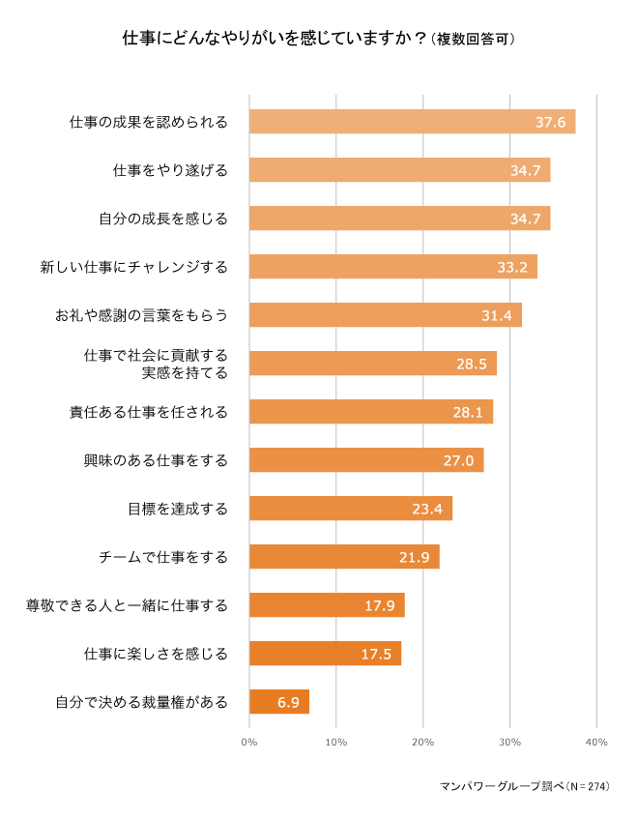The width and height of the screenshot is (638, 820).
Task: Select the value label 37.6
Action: pyautogui.click(x=550, y=122)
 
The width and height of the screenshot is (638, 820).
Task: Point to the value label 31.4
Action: pyautogui.click(x=496, y=315)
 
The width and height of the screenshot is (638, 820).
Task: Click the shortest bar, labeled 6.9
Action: pyautogui.click(x=279, y=702)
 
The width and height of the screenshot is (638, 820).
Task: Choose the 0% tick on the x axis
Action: pyautogui.click(x=249, y=742)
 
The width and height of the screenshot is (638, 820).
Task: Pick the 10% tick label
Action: pyautogui.click(x=335, y=742)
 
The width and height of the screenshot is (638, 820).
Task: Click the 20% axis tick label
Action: pyautogui.click(x=422, y=742)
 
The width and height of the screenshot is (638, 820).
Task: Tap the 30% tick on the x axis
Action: pyautogui.click(x=509, y=742)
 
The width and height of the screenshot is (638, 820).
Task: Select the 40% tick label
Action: pyautogui.click(x=596, y=742)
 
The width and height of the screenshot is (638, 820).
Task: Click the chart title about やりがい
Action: pyautogui.click(x=318, y=40)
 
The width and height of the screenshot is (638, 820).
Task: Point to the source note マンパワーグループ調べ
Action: pyautogui.click(x=525, y=786)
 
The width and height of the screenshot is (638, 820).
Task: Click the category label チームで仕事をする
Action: pyautogui.click(x=163, y=557)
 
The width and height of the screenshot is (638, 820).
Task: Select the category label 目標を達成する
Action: pyautogui.click(x=178, y=509)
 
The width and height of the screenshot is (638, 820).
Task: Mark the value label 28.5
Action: pyautogui.click(x=471, y=364)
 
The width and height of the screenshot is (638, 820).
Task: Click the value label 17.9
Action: pyautogui.click(x=379, y=605)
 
